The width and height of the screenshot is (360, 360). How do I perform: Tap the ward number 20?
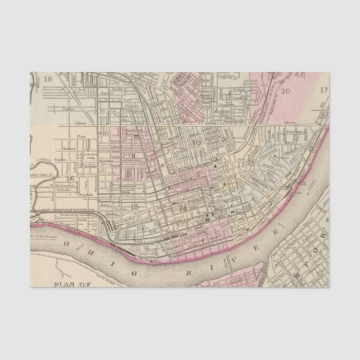[x=286, y=91]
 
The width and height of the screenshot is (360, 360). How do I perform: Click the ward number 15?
[x=134, y=207]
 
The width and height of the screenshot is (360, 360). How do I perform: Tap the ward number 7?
[x=167, y=151]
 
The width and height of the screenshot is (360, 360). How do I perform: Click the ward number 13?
[x=241, y=165]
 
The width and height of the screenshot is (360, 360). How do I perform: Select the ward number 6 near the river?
[x=148, y=248]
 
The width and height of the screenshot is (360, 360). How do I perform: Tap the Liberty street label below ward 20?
[x=289, y=121]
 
